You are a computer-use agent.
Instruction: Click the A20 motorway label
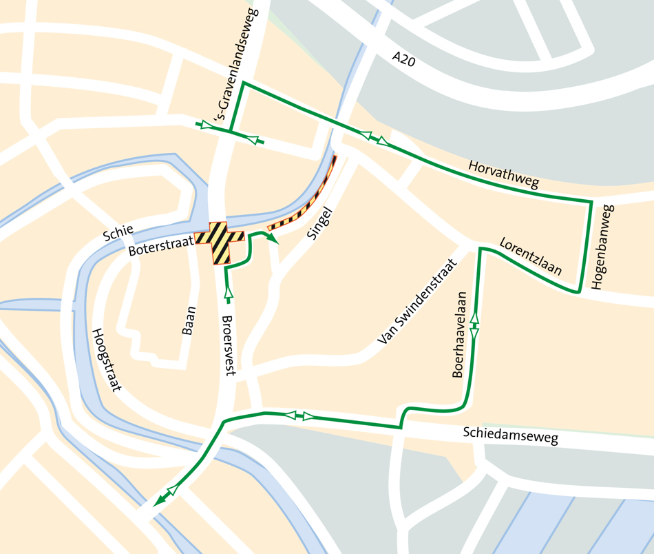[x=404, y=59]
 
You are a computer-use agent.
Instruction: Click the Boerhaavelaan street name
[x=460, y=334]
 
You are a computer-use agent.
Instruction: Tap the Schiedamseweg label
[x=510, y=435]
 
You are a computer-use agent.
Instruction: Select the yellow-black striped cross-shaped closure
[x=220, y=243]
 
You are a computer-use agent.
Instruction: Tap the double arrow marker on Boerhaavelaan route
[x=474, y=325]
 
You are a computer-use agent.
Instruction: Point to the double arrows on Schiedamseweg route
[x=299, y=415]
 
